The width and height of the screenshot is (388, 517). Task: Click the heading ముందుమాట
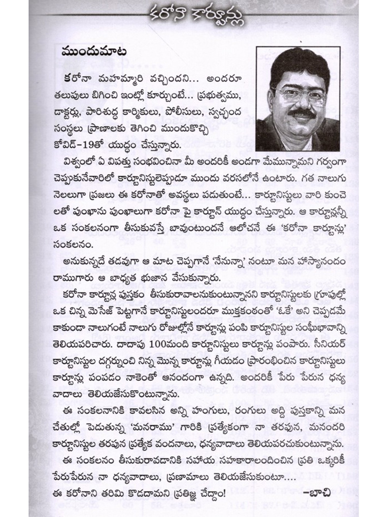[94, 52]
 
